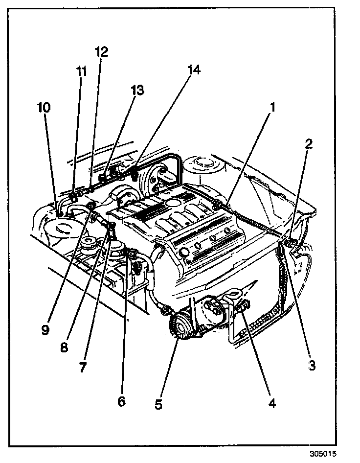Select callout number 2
309,144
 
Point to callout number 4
272,404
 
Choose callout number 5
158,405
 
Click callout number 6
121,401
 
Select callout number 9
45,330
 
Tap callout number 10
44,107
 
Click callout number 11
81,70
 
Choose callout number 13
137,90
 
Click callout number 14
194,70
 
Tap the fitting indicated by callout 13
103,177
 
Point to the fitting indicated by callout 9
91,211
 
